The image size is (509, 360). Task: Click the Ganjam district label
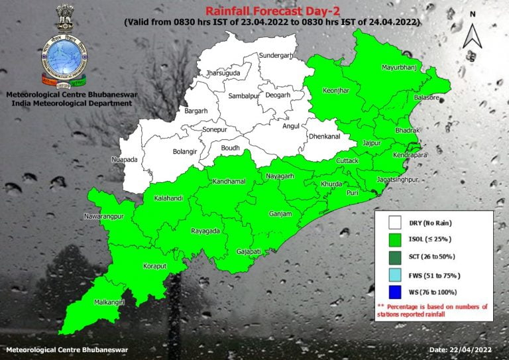[280, 214]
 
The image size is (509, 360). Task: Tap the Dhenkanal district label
[324, 137]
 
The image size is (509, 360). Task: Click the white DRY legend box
[396, 222]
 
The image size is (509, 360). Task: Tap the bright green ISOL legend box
[396, 239]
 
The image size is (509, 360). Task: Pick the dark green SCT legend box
[396, 257]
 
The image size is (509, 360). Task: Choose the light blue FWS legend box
[396, 274]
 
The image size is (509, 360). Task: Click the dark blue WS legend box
[396, 292]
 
